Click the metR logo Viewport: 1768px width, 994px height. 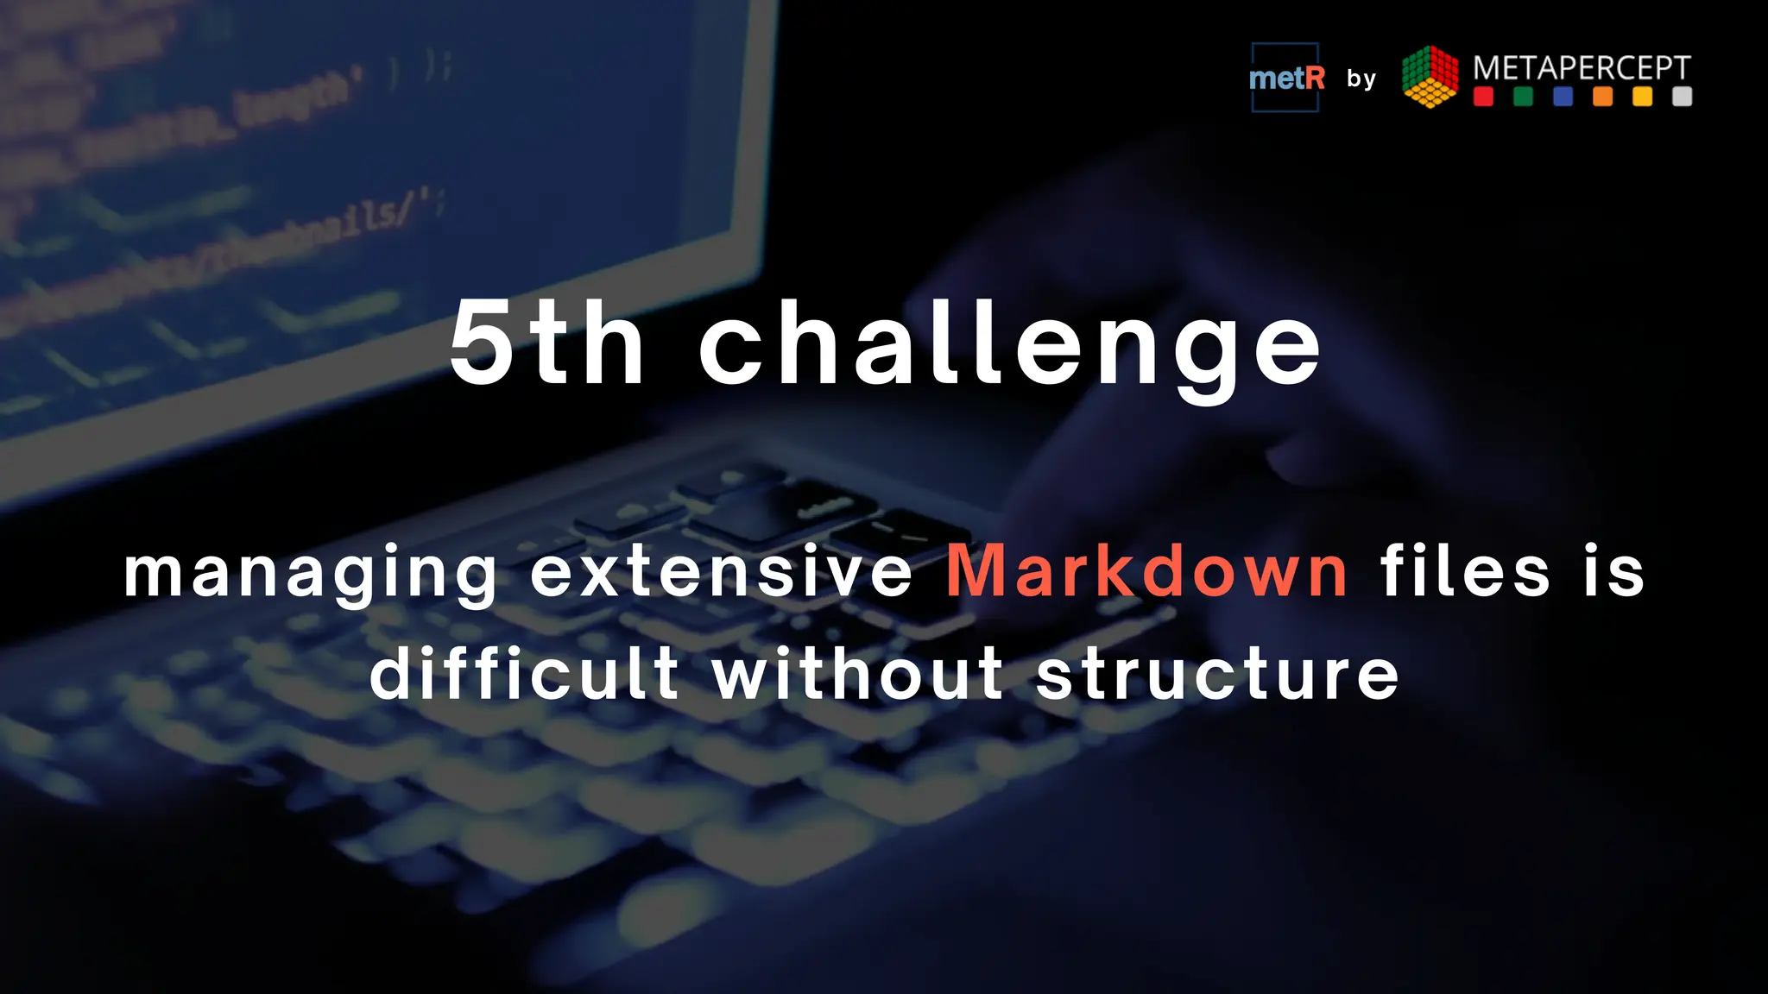point(1285,78)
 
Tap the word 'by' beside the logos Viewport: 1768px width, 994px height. point(1361,79)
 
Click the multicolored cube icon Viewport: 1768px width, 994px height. point(1430,77)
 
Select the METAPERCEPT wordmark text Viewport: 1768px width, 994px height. point(1582,67)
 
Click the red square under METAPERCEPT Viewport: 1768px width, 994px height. point(1483,97)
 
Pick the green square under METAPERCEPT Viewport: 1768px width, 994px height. point(1523,97)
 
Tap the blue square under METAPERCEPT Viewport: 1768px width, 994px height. point(1563,97)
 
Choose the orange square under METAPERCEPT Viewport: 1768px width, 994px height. point(1602,97)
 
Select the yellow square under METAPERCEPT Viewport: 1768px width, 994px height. point(1642,97)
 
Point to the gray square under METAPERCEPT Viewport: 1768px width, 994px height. point(1682,97)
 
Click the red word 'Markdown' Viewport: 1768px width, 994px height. point(1147,571)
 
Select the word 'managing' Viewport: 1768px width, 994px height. point(311,575)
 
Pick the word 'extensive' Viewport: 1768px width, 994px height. point(722,571)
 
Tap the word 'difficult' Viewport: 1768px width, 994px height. point(525,673)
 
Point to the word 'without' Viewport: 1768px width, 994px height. point(858,673)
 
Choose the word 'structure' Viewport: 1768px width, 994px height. point(1217,675)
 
